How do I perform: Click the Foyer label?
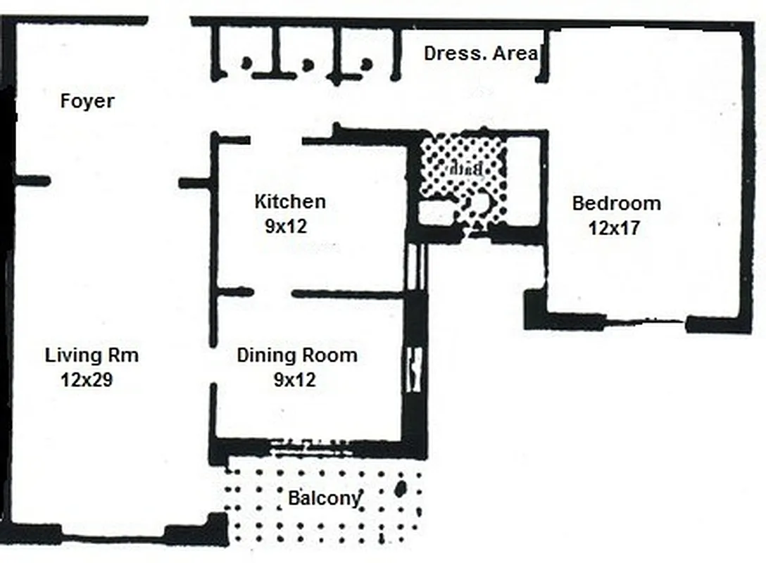click(87, 101)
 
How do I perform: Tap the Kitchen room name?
click(289, 202)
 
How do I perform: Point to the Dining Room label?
click(296, 355)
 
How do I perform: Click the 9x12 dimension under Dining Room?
click(294, 380)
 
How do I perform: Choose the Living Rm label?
click(92, 355)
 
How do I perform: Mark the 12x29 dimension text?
click(87, 380)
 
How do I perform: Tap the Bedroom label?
click(616, 204)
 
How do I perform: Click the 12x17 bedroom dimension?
click(615, 228)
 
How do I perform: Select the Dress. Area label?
click(481, 53)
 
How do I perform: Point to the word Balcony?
click(324, 499)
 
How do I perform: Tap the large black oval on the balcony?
click(401, 488)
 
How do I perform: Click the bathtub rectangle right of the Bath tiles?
click(523, 181)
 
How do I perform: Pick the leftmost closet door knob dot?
click(246, 63)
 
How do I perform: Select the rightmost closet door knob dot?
click(366, 64)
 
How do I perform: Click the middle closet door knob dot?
click(308, 64)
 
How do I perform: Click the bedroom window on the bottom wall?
click(644, 324)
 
